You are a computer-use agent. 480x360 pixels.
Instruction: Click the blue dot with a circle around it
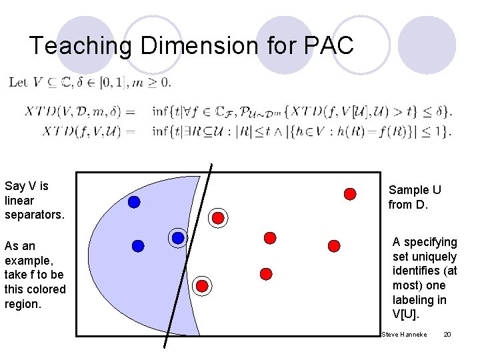coord(178,238)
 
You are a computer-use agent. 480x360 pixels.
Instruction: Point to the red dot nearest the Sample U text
coord(349,194)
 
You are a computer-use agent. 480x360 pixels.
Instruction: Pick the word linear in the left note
coord(19,200)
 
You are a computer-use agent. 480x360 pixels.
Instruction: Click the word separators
coord(34,215)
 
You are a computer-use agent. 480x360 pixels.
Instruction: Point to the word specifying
coord(429,242)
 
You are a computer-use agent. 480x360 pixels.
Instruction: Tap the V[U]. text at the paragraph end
coord(407,315)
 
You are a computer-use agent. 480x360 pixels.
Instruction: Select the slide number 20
coord(447,333)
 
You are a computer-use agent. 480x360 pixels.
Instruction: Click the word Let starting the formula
coord(18,82)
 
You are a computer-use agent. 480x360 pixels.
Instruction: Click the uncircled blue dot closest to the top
coord(134,202)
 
